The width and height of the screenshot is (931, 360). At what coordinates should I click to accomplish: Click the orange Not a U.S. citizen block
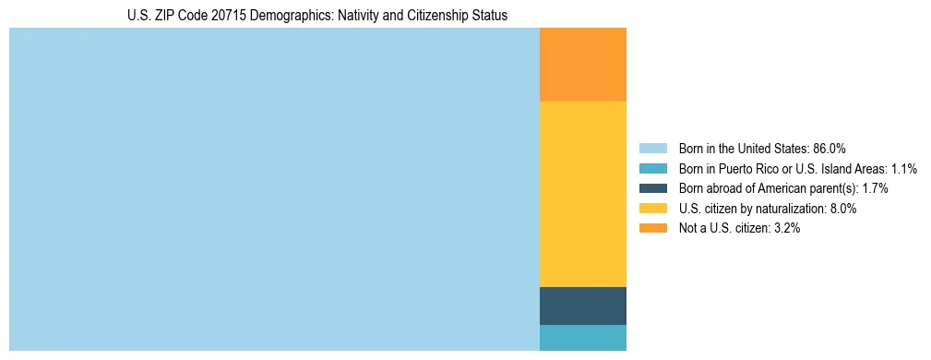(x=582, y=65)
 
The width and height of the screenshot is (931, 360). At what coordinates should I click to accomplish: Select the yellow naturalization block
(x=582, y=194)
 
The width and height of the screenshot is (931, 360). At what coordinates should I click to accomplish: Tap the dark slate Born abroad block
(x=582, y=306)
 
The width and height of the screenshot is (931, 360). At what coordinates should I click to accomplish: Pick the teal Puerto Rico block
(x=582, y=338)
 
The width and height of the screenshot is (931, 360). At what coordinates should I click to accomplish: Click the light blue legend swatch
(x=652, y=149)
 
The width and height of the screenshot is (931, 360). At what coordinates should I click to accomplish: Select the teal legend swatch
(x=652, y=169)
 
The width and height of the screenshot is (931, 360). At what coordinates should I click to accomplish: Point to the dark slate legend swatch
(x=652, y=188)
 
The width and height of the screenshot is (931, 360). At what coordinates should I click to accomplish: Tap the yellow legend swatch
(x=652, y=209)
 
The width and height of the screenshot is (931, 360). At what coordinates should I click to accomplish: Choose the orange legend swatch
(x=652, y=229)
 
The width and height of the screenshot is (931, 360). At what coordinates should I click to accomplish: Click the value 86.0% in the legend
(x=829, y=149)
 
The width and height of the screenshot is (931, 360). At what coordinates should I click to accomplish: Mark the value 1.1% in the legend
(x=904, y=169)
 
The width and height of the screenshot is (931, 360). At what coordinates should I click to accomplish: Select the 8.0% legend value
(x=841, y=209)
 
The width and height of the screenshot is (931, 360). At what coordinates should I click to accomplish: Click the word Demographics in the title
(x=304, y=16)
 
